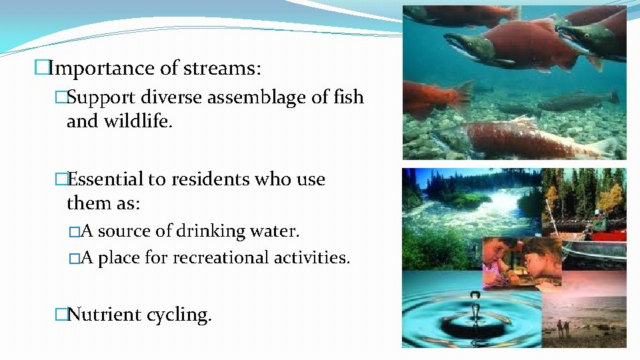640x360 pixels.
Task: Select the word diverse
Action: [173, 97]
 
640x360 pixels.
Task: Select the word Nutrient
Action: [106, 314]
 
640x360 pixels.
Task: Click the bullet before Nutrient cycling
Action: [61, 314]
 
